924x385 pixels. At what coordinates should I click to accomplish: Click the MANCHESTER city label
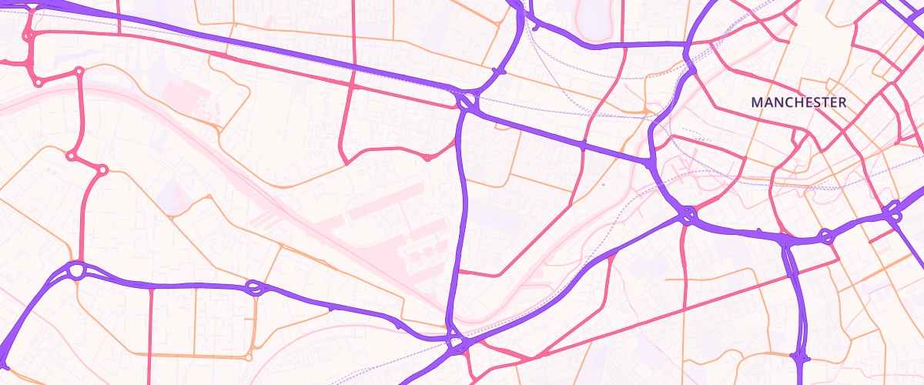click(798, 102)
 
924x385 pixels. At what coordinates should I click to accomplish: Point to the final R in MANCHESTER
click(842, 102)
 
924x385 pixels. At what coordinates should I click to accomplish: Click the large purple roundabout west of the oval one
click(75, 271)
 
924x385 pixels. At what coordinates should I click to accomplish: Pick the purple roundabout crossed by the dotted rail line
click(467, 102)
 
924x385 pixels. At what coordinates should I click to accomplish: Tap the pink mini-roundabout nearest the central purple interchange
click(427, 158)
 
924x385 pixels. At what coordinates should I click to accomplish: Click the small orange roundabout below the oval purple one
click(248, 357)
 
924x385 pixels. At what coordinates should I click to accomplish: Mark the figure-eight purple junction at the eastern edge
click(892, 211)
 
